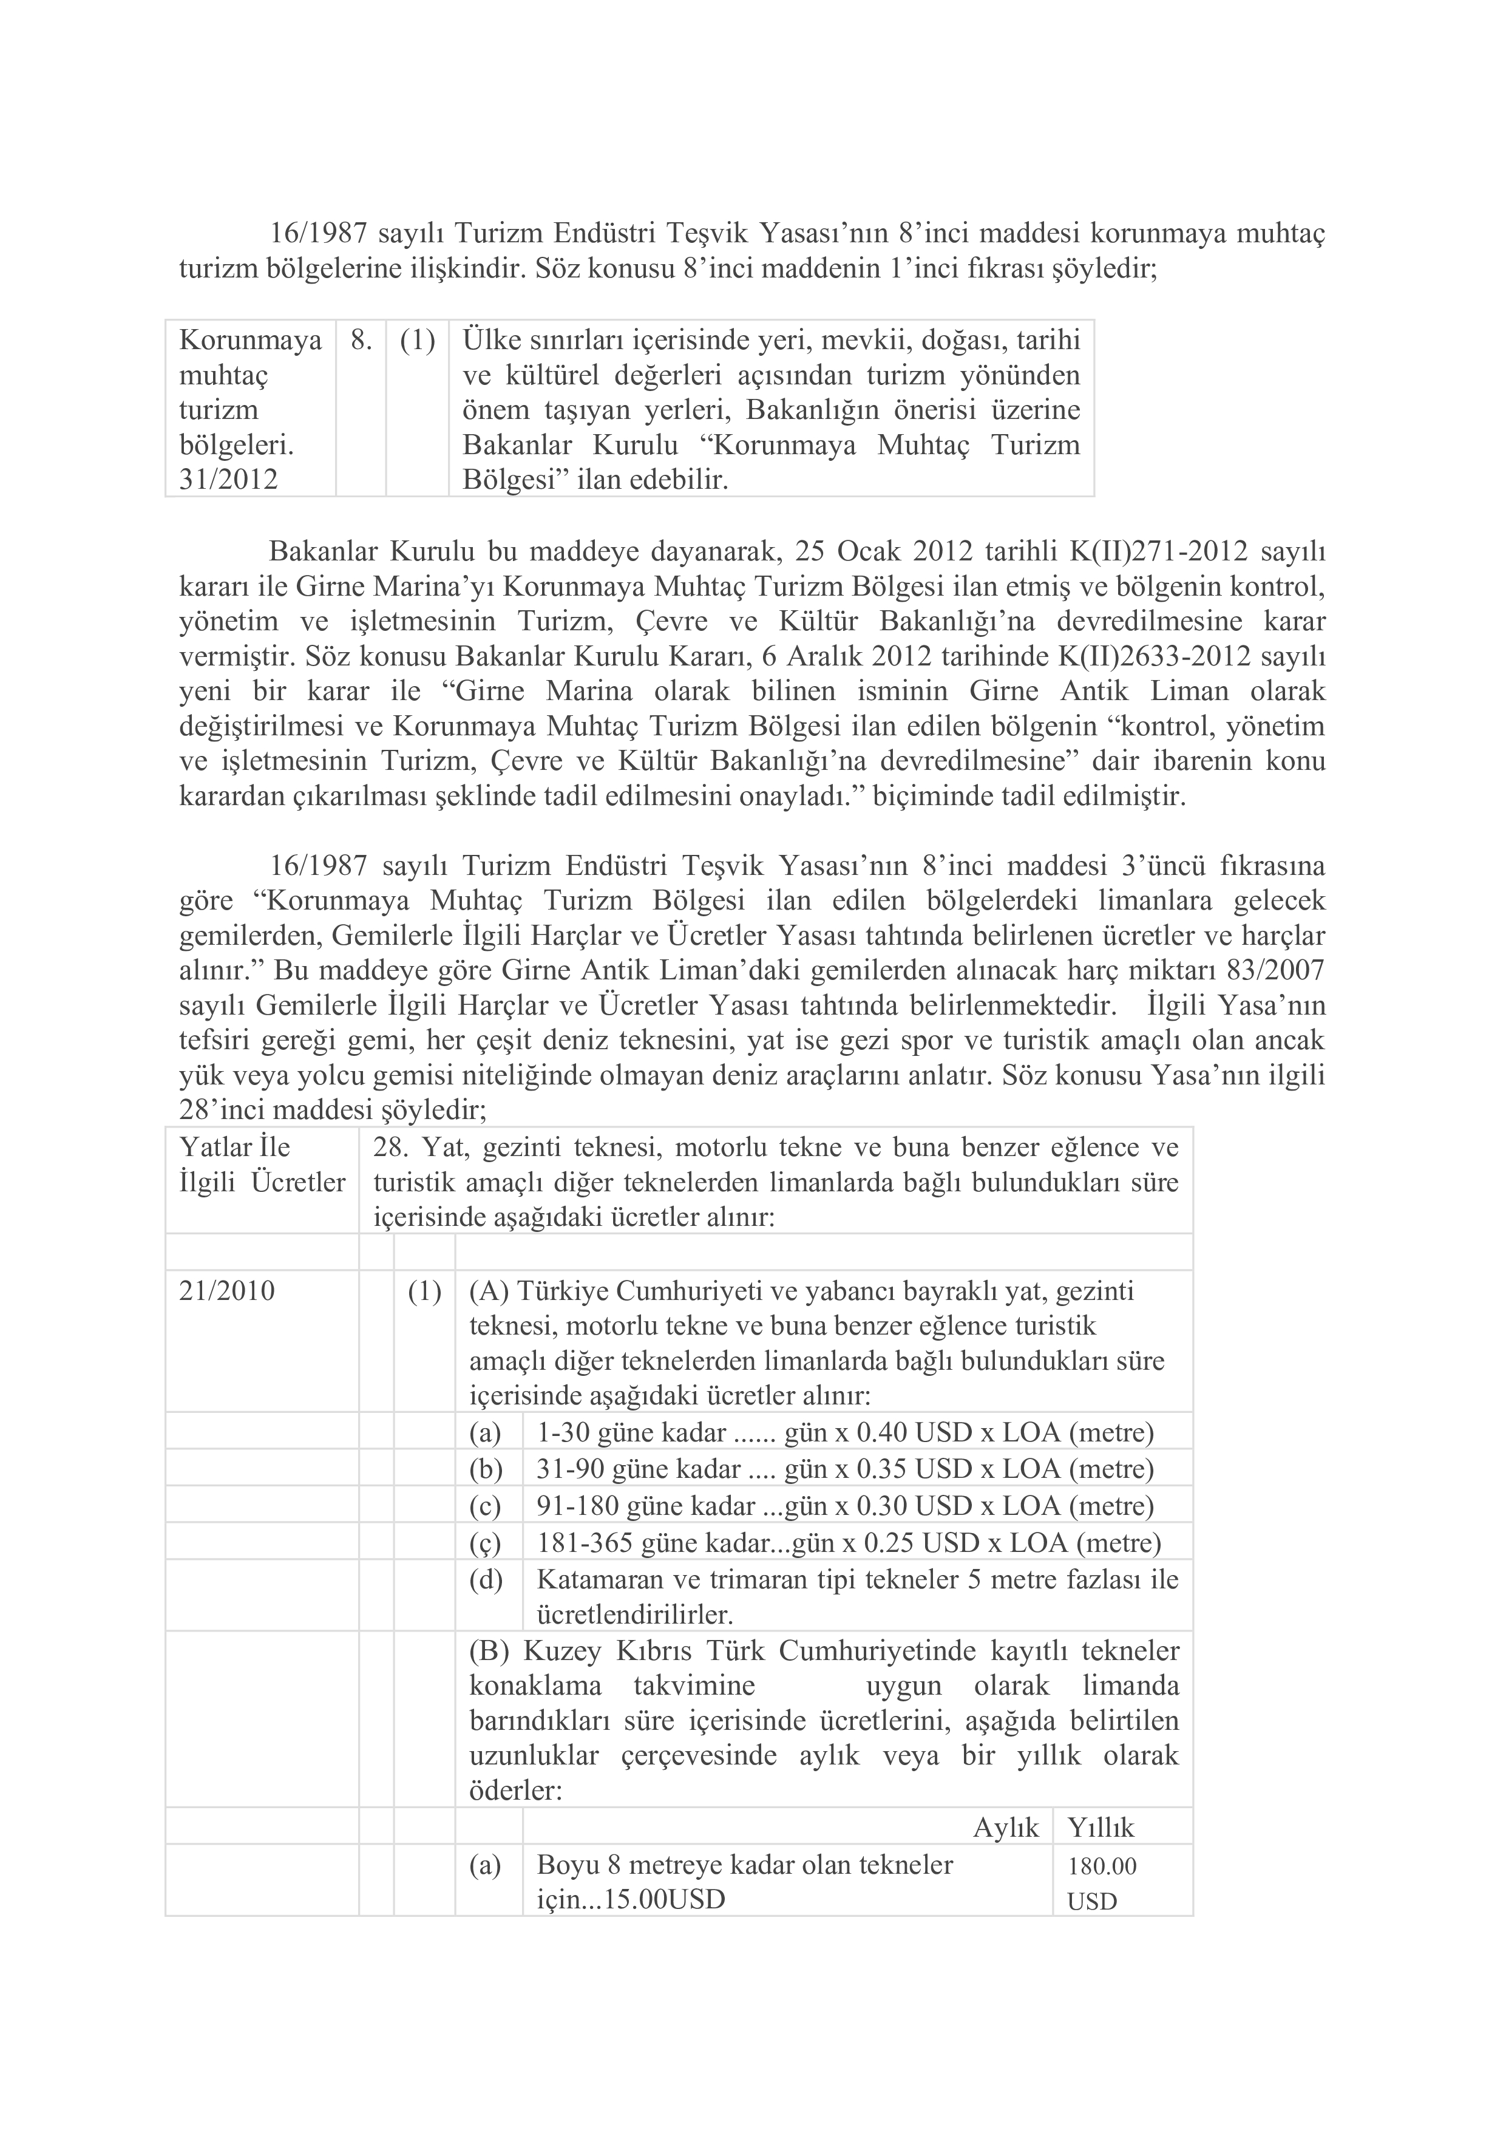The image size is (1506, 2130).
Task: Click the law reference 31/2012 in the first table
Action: (x=228, y=480)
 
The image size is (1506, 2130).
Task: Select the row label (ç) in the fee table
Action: (x=485, y=1543)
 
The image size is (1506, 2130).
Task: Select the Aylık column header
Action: (x=1006, y=1828)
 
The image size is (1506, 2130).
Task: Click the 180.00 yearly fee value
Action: (x=1102, y=1866)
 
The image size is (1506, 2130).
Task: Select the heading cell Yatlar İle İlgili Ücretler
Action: (x=262, y=1165)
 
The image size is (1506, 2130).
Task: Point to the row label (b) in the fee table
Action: (x=485, y=1469)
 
